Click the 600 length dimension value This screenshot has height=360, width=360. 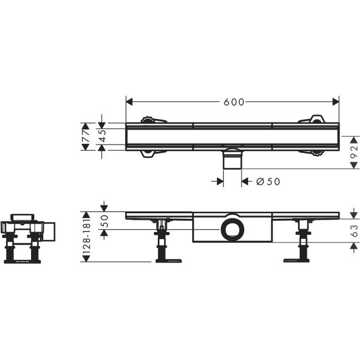(x=234, y=102)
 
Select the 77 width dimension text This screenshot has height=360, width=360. (x=86, y=136)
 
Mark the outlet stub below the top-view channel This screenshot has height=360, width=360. (x=232, y=161)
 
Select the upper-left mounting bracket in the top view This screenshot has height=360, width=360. (x=150, y=120)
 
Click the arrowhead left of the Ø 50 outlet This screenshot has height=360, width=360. (x=219, y=181)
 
